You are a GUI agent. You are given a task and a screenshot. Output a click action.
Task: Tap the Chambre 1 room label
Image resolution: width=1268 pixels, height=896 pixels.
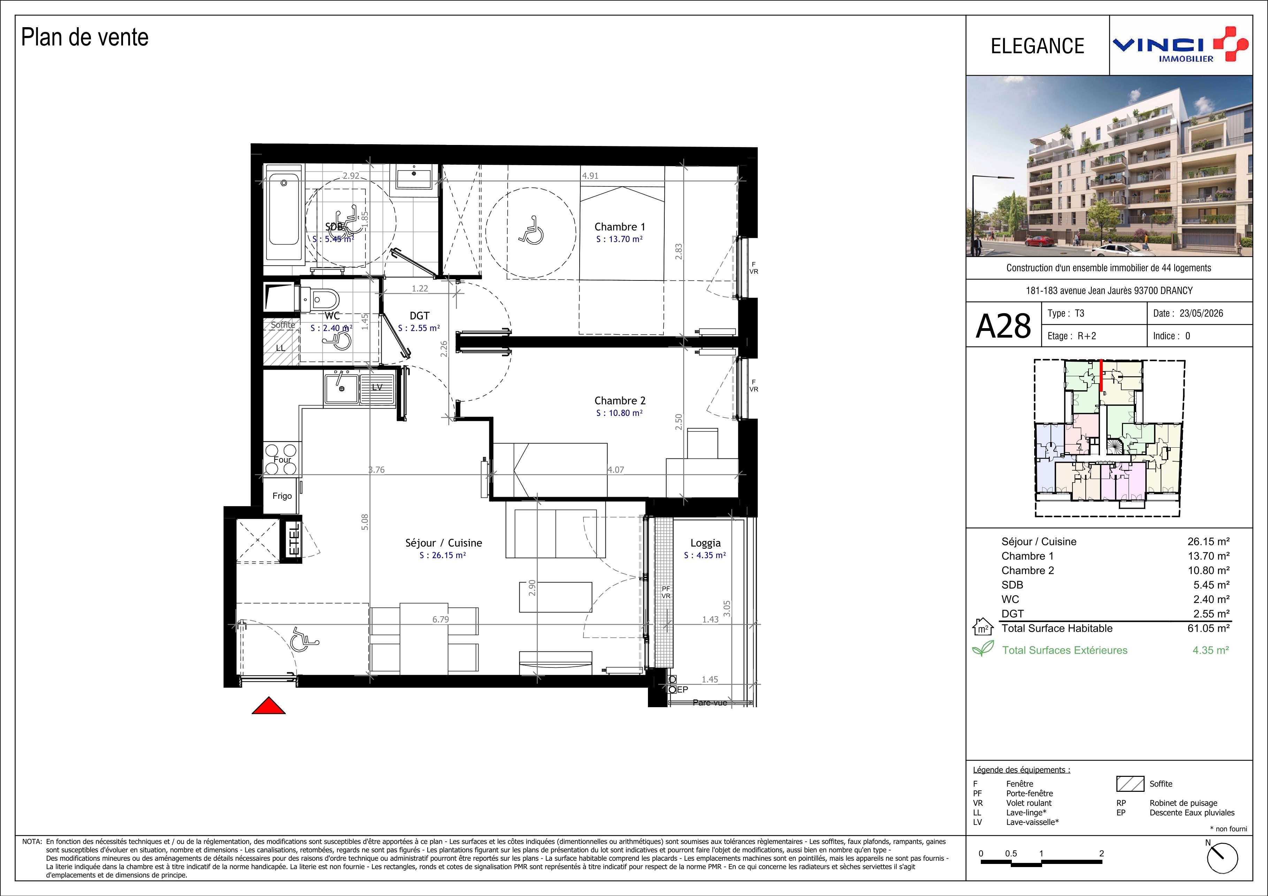(x=620, y=227)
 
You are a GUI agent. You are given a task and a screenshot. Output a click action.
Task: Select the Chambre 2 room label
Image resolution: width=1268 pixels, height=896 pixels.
(x=620, y=401)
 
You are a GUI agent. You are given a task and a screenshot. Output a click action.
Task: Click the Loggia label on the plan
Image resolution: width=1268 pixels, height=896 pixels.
(x=705, y=543)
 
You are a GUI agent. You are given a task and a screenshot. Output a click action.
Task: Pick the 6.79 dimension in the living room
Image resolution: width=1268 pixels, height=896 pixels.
(x=440, y=619)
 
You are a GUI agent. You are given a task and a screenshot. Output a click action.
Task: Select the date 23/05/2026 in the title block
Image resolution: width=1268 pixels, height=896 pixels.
(x=1201, y=314)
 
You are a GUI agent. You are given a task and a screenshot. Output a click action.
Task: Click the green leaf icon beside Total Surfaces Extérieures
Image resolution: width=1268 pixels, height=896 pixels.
(x=983, y=649)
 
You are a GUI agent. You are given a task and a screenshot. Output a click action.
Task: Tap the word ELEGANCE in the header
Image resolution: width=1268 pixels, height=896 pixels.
(x=1037, y=46)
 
